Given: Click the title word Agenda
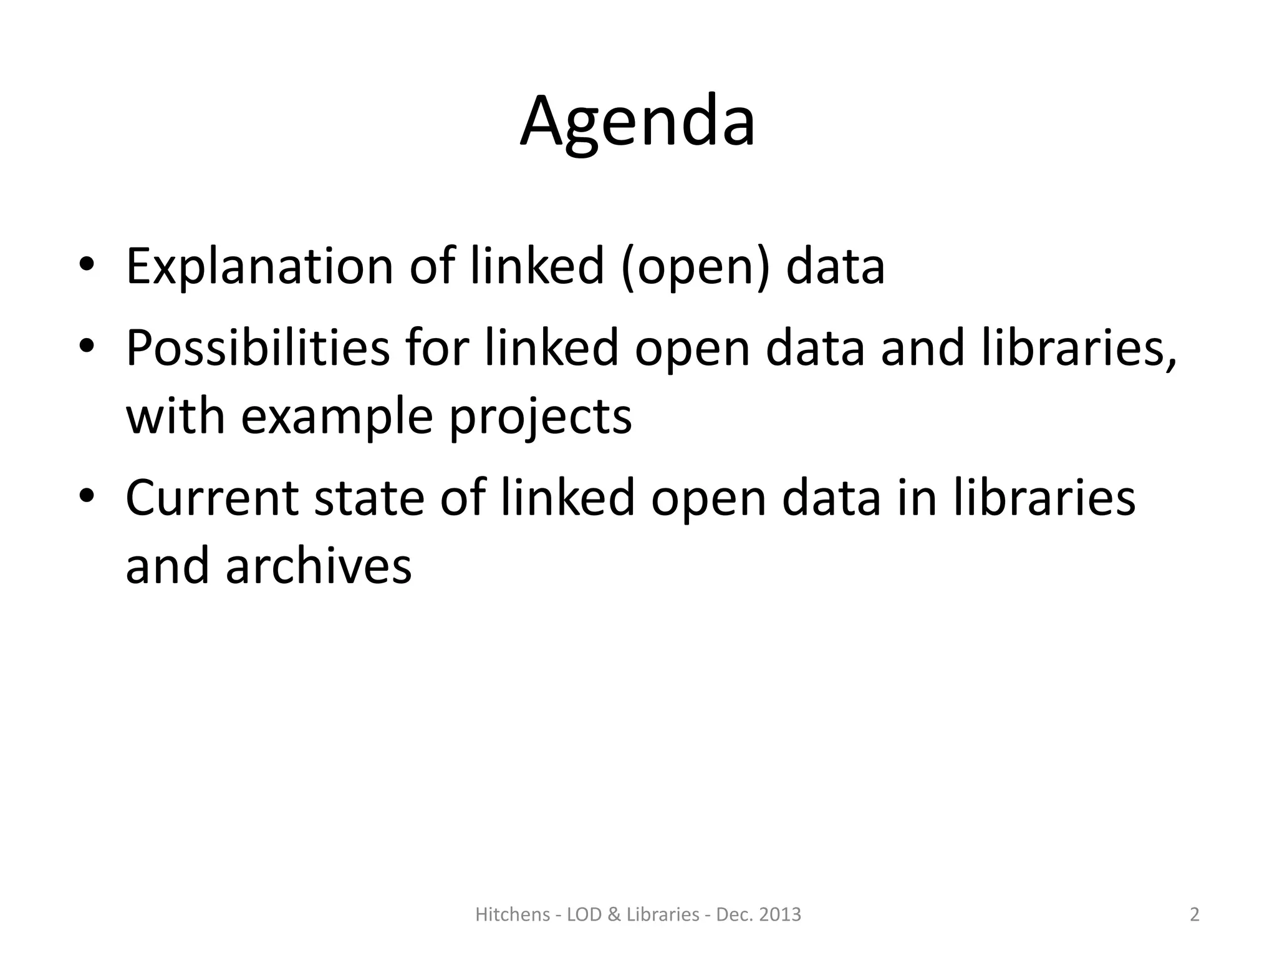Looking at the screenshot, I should click(x=638, y=122).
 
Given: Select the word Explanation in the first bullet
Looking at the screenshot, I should click(x=259, y=267).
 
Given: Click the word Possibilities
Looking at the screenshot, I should click(x=258, y=348).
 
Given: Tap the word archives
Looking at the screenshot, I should click(x=319, y=566).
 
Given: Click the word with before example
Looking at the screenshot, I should click(x=175, y=417).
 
